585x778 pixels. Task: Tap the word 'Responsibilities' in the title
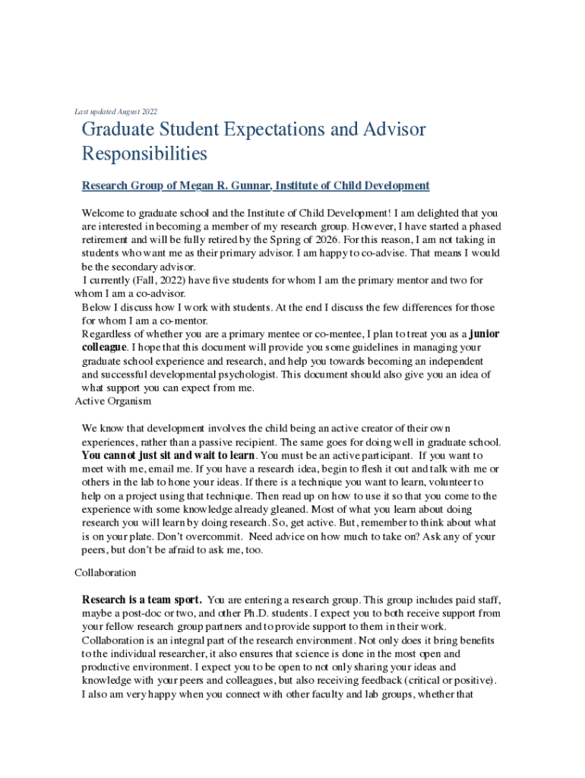pyautogui.click(x=144, y=154)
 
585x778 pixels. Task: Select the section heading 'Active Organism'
pyautogui.click(x=112, y=400)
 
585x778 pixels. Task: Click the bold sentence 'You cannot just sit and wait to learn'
pyautogui.click(x=168, y=456)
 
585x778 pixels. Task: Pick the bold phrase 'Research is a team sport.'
pyautogui.click(x=142, y=599)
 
